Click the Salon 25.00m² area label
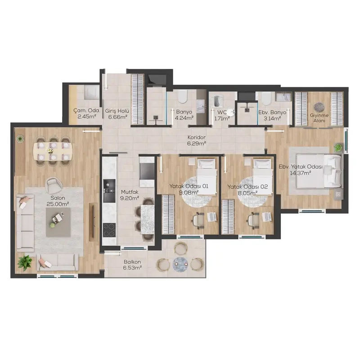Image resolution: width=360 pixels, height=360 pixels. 58,201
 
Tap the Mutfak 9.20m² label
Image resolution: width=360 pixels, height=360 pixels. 130,195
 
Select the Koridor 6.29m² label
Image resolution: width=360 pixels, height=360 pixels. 196,140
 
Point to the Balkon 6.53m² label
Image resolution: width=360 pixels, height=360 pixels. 132,265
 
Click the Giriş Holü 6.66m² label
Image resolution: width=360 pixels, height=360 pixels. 118,114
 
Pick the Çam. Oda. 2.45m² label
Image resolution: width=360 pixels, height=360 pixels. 86,113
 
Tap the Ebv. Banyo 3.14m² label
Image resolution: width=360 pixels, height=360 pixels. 272,115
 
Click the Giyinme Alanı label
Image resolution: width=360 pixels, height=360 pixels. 319,118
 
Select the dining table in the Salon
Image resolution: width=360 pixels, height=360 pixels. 53,151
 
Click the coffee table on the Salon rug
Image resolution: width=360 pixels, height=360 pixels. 58,222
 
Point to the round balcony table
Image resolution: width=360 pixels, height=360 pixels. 180,264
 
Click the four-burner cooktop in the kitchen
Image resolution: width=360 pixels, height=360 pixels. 109,230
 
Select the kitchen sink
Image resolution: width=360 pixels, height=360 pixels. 109,187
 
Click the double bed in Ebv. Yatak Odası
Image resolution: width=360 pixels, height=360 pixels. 318,171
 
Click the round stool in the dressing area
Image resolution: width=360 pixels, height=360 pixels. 319,107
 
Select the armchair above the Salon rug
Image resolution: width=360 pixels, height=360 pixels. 54,185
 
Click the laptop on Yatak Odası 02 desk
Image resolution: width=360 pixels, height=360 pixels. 267,217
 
